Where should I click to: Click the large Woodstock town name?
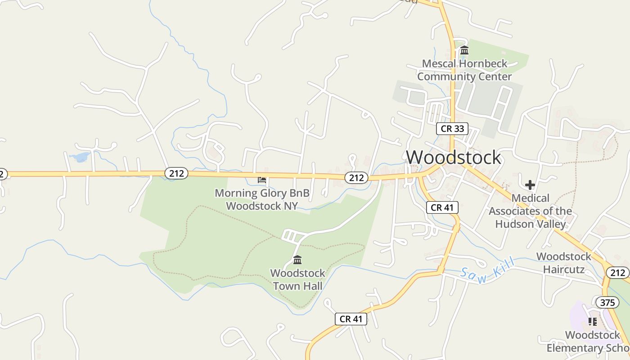point(453,157)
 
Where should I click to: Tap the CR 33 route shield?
point(452,129)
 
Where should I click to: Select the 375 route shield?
point(607,302)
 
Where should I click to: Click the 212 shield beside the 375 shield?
point(617,272)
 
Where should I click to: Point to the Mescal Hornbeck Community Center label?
point(464,70)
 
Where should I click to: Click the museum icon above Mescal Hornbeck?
point(464,50)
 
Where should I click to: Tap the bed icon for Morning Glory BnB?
point(262,180)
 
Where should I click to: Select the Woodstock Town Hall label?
point(297,279)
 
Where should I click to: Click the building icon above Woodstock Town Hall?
point(297,260)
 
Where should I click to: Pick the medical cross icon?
point(530,184)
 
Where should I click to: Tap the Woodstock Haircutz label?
point(564,263)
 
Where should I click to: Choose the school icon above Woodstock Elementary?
point(592,321)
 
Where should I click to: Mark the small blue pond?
point(80,157)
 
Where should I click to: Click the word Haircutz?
point(564,269)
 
